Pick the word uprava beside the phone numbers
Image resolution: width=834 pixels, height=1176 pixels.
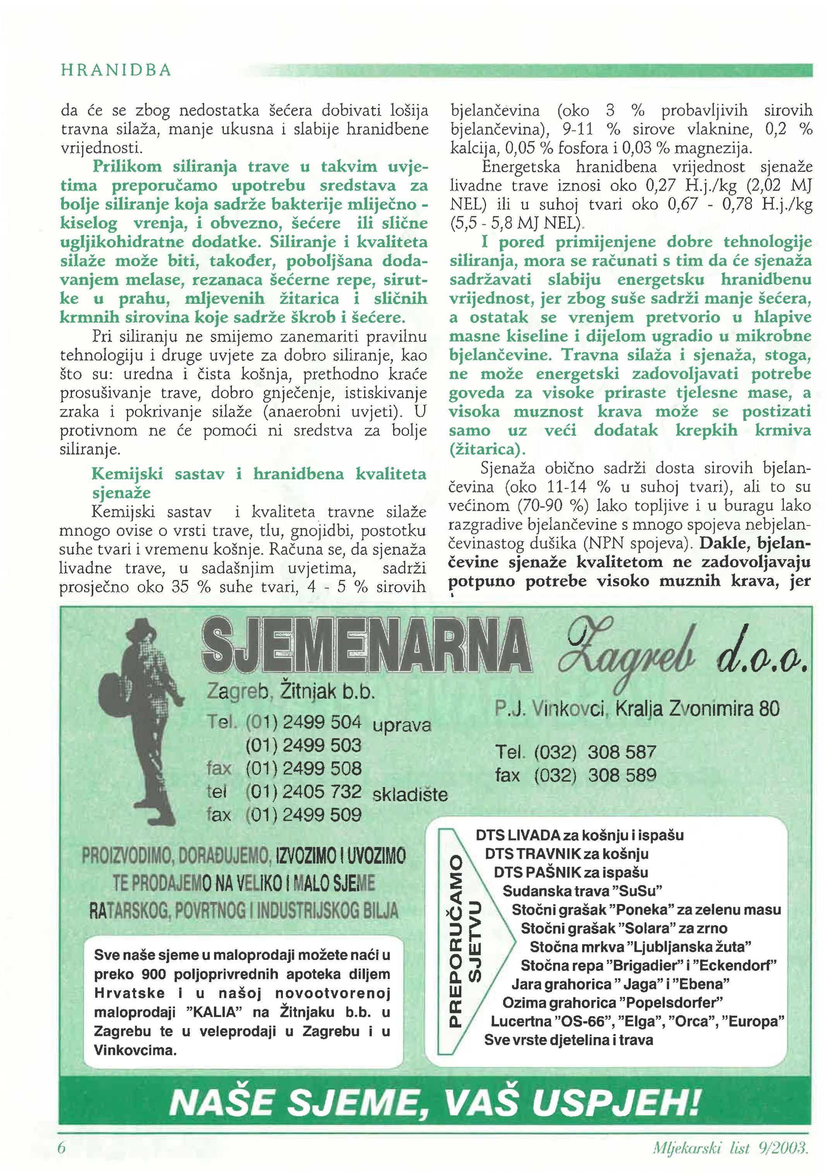coord(402,725)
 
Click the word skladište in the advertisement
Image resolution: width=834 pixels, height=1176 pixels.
coord(409,794)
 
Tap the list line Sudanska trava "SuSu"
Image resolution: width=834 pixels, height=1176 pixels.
coord(582,890)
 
